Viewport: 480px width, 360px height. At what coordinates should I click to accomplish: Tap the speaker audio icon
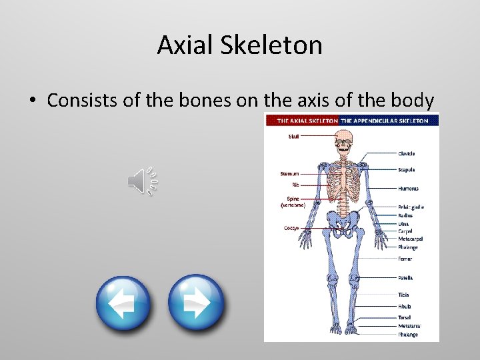coord(142,181)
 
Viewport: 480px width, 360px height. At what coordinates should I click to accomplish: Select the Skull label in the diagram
coord(294,137)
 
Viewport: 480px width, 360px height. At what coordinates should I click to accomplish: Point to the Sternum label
coord(289,174)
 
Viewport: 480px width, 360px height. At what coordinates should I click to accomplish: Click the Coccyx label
coord(291,228)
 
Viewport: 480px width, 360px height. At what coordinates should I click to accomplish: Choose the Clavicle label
coord(407,154)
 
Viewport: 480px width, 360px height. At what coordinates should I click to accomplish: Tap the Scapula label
coord(407,170)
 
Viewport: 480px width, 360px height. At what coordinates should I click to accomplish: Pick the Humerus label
coord(408,189)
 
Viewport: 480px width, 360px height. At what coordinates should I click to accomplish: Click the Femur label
coord(405,259)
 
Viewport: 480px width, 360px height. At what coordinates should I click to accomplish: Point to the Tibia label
coord(404,295)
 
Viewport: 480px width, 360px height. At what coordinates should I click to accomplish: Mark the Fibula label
coord(405,307)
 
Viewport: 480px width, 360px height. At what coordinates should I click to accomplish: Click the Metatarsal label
coord(409,326)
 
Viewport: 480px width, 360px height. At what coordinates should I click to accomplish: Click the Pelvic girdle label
coord(411,207)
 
